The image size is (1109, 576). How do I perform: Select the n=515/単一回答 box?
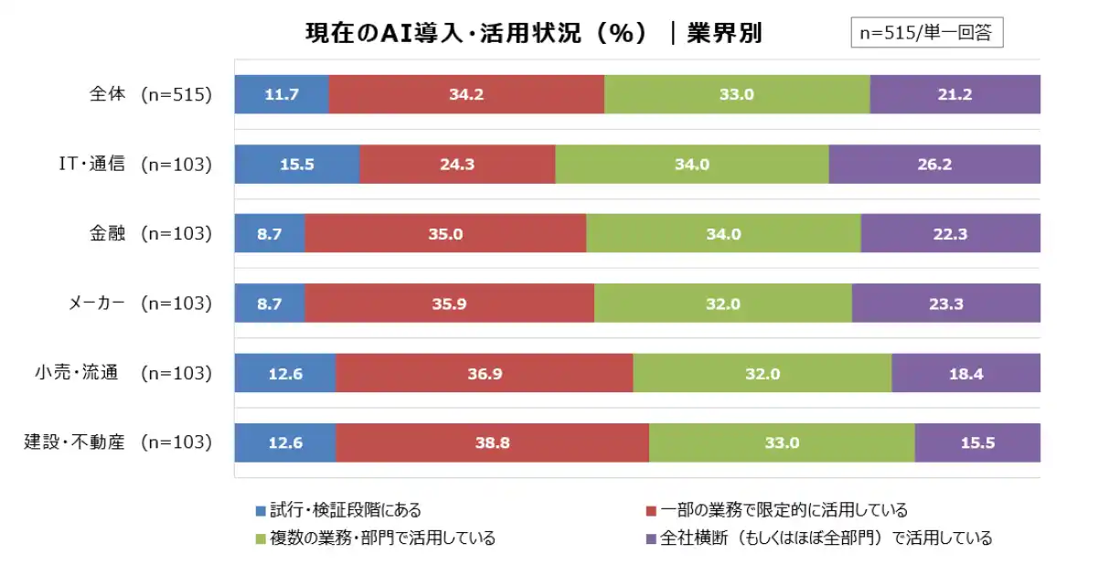pyautogui.click(x=926, y=33)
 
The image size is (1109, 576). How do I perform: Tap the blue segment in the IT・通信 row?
pyautogui.click(x=297, y=165)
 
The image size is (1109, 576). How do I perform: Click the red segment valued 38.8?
pyautogui.click(x=492, y=443)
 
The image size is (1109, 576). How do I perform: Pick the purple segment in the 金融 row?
pyautogui.click(x=950, y=234)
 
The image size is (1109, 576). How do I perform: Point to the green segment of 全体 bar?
pyautogui.click(x=737, y=94)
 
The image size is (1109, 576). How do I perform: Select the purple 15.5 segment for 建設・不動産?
pyautogui.click(x=976, y=443)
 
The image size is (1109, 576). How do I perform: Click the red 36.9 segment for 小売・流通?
pyautogui.click(x=484, y=373)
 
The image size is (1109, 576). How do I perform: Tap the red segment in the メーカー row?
pyautogui.click(x=449, y=304)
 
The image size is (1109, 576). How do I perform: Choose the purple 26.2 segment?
pyautogui.click(x=933, y=165)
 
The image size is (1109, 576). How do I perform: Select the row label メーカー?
pyautogui.click(x=96, y=304)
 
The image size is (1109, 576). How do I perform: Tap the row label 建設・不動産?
pyautogui.click(x=75, y=443)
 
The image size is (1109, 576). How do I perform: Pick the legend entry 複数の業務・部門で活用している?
pyautogui.click(x=381, y=539)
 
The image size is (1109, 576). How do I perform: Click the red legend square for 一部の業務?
pyautogui.click(x=651, y=511)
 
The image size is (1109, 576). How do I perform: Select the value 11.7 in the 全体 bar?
pyautogui.click(x=282, y=94)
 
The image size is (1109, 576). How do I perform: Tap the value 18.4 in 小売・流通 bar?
pyautogui.click(x=965, y=373)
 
